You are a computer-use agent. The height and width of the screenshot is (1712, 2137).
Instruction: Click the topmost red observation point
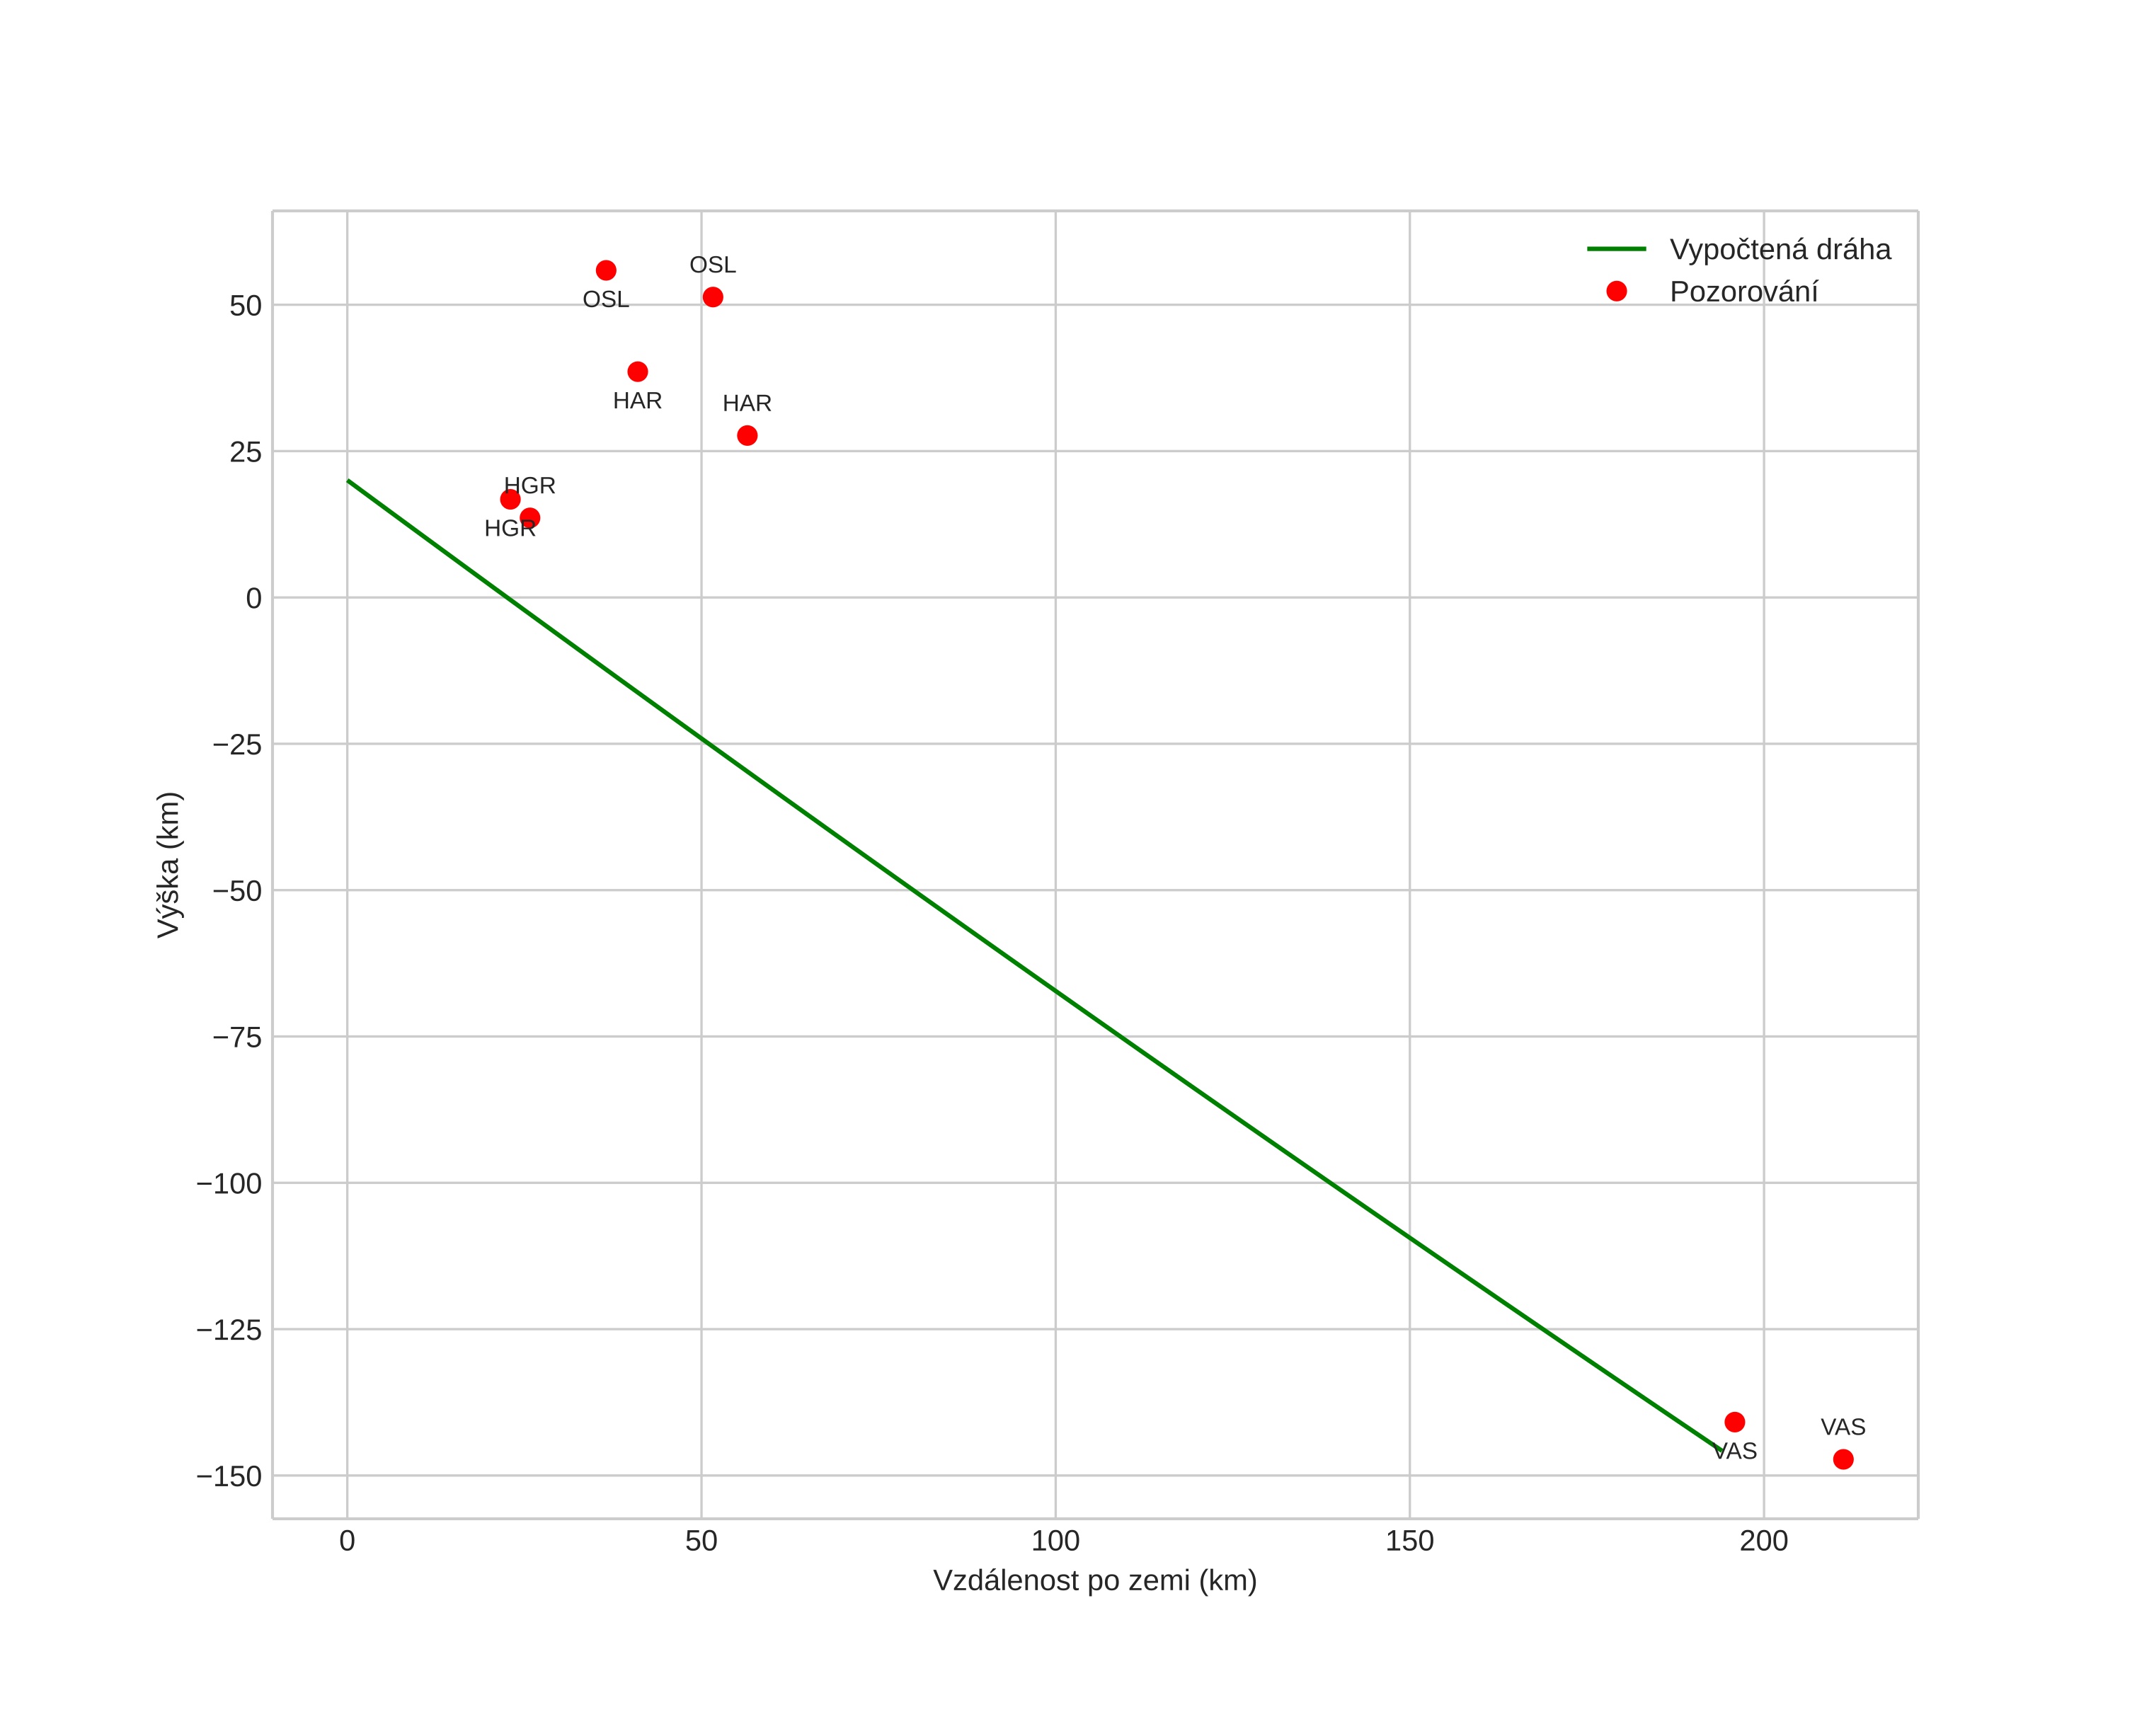[606, 270]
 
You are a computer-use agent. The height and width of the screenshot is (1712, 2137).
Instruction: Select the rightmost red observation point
[1843, 1459]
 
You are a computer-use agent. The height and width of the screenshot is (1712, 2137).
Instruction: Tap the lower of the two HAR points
[747, 436]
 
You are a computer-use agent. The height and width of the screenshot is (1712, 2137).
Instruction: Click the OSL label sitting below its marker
[606, 299]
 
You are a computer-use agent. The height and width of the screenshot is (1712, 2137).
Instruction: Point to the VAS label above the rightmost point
[1843, 1427]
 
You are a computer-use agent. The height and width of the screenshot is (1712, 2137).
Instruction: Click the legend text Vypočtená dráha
[1780, 250]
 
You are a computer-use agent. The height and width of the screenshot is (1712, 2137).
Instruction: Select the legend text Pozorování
[1743, 292]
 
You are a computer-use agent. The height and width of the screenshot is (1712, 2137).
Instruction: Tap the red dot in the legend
[1617, 292]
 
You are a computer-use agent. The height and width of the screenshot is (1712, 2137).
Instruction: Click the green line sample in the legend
[1617, 248]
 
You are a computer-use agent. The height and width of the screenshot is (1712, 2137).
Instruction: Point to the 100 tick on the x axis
[1055, 1541]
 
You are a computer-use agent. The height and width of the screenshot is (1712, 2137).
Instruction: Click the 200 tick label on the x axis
[1763, 1541]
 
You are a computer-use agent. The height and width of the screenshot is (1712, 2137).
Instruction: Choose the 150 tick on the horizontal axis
[1409, 1541]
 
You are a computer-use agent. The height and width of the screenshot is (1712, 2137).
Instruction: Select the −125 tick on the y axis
[229, 1330]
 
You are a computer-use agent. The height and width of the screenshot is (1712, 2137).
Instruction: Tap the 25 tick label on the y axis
[246, 453]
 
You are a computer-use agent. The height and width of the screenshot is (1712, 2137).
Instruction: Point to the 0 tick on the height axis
[253, 599]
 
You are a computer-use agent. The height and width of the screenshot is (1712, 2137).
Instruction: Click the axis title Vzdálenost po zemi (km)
[1094, 1580]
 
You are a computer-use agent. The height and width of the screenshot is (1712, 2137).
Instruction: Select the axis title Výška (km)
[168, 864]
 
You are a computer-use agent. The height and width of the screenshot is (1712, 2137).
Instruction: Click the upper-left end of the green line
[348, 481]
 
